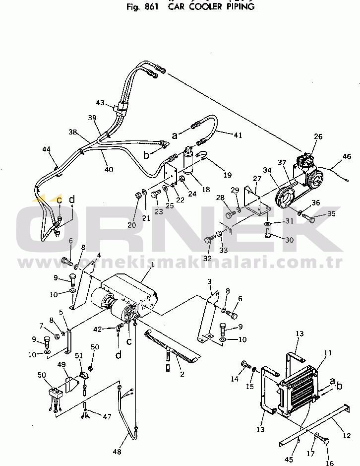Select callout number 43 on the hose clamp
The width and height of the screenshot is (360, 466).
(100, 103)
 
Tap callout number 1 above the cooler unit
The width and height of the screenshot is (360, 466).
(152, 265)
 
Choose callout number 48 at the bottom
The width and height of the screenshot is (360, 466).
(117, 451)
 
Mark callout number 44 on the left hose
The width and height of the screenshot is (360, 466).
(47, 149)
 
